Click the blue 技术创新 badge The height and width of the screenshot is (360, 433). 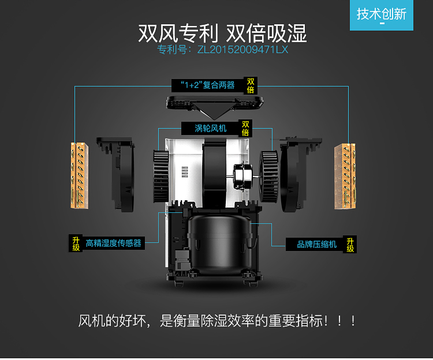tap(382, 15)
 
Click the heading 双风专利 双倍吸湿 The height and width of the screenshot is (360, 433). tap(222, 33)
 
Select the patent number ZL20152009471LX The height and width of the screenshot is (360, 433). tap(242, 50)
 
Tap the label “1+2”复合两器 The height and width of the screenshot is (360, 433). tap(208, 85)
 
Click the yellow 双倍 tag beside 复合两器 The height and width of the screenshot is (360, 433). tap(251, 85)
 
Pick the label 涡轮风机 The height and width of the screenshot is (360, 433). tap(210, 128)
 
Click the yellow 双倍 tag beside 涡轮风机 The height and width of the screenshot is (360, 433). tap(245, 128)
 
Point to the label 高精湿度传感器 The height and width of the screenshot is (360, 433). tap(114, 243)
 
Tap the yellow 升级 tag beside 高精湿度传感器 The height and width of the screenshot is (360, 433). tap(76, 243)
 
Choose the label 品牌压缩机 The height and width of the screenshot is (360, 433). tap(317, 244)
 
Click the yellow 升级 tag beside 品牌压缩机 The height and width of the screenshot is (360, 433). tap(350, 245)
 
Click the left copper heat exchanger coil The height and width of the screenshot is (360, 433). tap(80, 175)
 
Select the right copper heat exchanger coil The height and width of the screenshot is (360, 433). tap(345, 177)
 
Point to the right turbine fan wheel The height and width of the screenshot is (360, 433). tap(268, 177)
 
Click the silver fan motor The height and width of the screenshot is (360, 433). tap(243, 177)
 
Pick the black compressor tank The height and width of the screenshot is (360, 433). tap(219, 243)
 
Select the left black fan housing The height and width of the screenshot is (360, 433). tap(117, 174)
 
